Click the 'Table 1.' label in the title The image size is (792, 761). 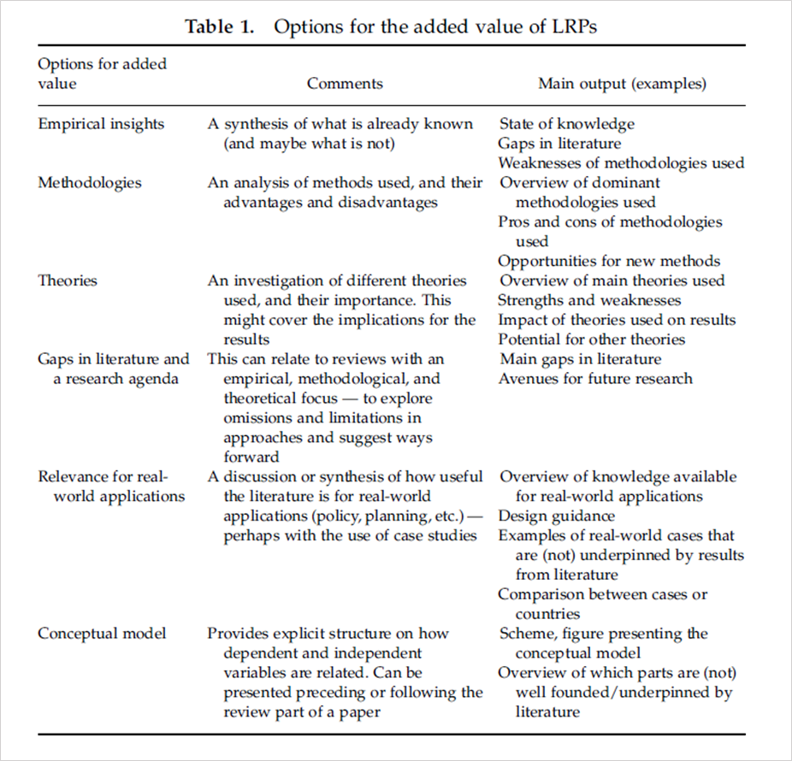tap(220, 26)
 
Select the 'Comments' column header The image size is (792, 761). tap(345, 84)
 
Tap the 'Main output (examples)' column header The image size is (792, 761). tap(622, 84)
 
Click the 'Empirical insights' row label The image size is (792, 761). tap(101, 124)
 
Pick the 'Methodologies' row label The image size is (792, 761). tap(90, 182)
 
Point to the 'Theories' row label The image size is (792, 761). tap(68, 280)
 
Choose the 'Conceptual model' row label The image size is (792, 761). tap(102, 634)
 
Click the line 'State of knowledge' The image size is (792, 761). tap(567, 124)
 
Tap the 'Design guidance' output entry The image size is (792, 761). tap(556, 516)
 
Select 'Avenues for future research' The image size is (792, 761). tap(595, 378)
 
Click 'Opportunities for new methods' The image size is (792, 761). tap(609, 261)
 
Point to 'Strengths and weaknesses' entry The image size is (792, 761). tap(589, 300)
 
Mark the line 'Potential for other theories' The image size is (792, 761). tap(591, 339)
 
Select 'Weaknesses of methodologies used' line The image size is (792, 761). tap(621, 162)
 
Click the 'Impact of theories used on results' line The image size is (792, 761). tap(617, 320)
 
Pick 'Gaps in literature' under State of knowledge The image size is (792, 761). tap(559, 144)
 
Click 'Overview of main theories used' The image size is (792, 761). tap(612, 280)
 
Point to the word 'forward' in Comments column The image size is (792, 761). tap(251, 457)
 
